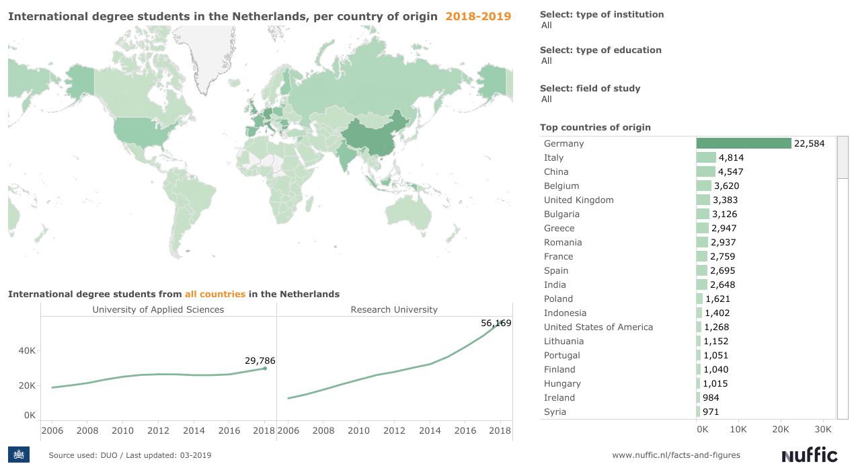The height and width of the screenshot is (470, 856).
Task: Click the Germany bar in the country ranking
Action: (x=743, y=143)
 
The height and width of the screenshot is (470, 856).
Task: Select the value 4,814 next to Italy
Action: (x=731, y=157)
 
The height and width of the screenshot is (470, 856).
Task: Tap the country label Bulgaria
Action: (x=561, y=214)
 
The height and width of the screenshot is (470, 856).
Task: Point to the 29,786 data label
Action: (x=260, y=361)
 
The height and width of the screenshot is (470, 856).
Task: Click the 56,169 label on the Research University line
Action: (x=496, y=323)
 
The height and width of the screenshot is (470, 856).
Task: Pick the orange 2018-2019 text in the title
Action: (x=478, y=16)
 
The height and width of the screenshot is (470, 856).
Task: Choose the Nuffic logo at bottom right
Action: (x=810, y=455)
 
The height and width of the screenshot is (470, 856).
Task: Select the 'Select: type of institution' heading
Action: (x=602, y=14)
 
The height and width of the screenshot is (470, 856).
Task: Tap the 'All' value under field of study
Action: (x=546, y=99)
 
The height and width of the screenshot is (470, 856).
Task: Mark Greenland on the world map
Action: (x=202, y=54)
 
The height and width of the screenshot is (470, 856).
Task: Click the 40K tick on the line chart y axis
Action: (x=27, y=350)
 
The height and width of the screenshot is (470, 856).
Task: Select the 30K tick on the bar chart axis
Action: (x=822, y=429)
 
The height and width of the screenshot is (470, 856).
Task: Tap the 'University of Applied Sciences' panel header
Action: (x=158, y=309)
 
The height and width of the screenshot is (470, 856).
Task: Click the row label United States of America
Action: (x=598, y=327)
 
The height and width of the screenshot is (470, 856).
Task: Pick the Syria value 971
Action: (x=711, y=412)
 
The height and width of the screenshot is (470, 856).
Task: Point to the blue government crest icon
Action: (x=19, y=455)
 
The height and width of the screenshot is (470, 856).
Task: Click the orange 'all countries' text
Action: (x=215, y=294)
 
